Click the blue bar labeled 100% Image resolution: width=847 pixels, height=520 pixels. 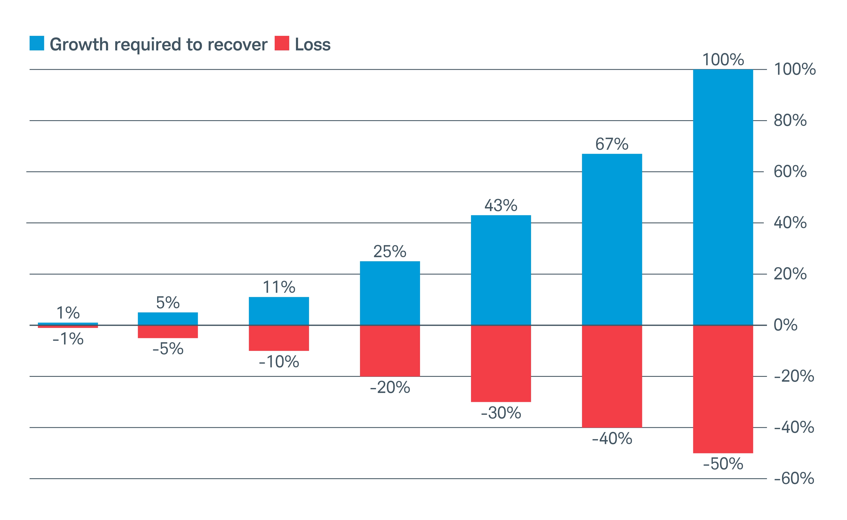click(x=723, y=197)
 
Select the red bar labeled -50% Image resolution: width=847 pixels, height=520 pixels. click(x=723, y=389)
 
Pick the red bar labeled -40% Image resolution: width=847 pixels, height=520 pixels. click(x=612, y=376)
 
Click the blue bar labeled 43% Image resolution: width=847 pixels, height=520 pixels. click(x=501, y=270)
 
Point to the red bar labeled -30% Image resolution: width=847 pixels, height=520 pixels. click(x=501, y=363)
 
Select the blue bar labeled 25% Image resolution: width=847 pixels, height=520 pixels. click(x=390, y=293)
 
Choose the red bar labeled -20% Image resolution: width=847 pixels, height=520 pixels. click(x=390, y=351)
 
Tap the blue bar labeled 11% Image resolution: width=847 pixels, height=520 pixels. click(x=279, y=311)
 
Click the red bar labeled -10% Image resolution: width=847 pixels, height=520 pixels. click(x=279, y=338)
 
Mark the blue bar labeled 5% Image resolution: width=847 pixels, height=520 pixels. click(x=168, y=318)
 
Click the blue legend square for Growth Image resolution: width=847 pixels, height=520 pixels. click(x=37, y=43)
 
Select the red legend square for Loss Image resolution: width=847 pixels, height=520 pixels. click(x=282, y=43)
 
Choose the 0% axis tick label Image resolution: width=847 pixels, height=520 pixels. click(x=785, y=325)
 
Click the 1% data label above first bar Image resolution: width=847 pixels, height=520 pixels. click(x=68, y=313)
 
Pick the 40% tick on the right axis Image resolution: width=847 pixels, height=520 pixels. click(x=790, y=223)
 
